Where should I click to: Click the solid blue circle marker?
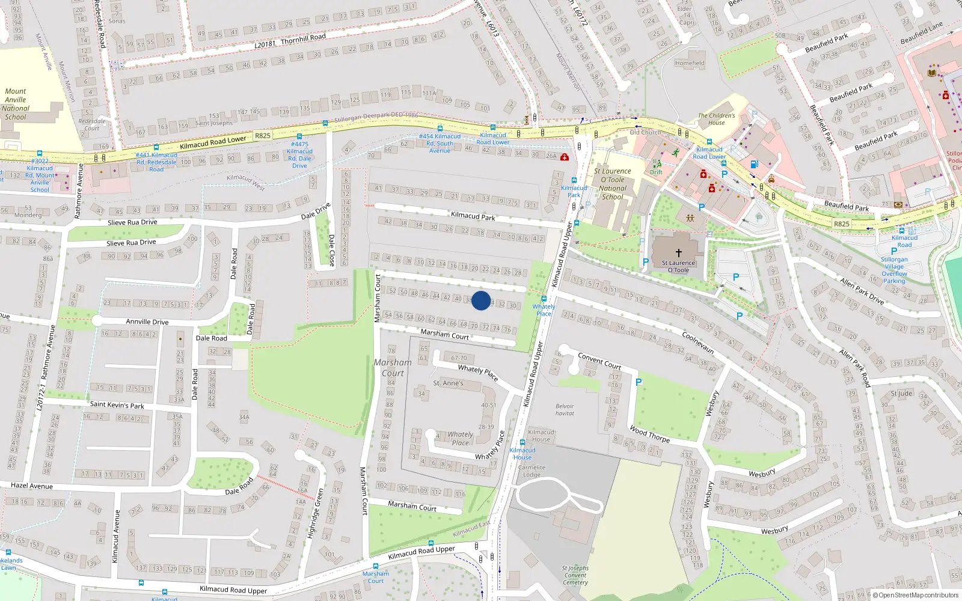pos(481,300)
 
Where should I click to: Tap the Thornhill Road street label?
pos(303,38)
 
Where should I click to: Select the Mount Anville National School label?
pos(16,104)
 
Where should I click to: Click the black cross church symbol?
pos(679,253)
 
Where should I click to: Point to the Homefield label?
pos(690,63)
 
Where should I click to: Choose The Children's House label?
pos(716,119)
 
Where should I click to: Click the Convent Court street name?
pos(599,361)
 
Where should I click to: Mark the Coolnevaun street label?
pos(698,343)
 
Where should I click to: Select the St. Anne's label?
pos(448,383)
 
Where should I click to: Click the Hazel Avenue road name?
pos(32,485)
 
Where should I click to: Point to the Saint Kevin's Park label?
pos(117,404)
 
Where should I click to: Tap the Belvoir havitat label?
pos(565,410)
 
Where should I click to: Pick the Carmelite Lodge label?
pos(532,471)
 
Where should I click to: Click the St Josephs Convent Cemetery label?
pos(575,575)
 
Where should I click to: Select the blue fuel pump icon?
pos(754,164)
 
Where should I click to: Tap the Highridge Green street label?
pos(316,513)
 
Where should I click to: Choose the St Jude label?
pos(901,394)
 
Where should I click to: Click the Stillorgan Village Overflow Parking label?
pos(894,270)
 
